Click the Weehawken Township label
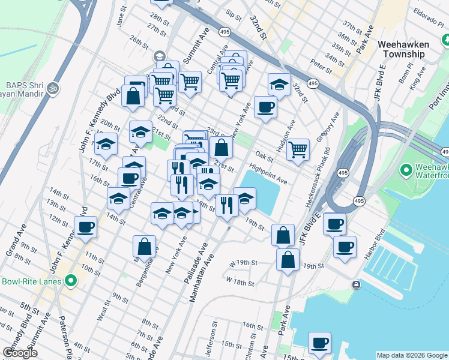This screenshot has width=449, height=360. (x=410, y=49)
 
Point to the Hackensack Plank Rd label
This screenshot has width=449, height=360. (x=318, y=178)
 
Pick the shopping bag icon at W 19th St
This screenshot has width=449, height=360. (x=288, y=259)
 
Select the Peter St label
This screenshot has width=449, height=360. (x=316, y=64)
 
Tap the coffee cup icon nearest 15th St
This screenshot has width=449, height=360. (x=320, y=343)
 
